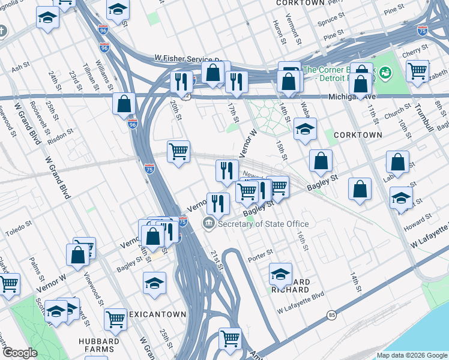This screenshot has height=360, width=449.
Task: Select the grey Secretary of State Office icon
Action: [208, 224]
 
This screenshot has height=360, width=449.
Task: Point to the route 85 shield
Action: [331, 314]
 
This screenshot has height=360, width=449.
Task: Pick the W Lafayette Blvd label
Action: [300, 311]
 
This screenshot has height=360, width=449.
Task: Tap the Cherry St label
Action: [414, 54]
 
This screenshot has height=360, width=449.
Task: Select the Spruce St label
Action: [331, 20]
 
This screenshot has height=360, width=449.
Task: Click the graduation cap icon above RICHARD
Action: [280, 273]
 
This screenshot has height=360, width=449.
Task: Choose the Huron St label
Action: [277, 34]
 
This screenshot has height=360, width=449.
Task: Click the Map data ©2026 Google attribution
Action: [411, 355]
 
